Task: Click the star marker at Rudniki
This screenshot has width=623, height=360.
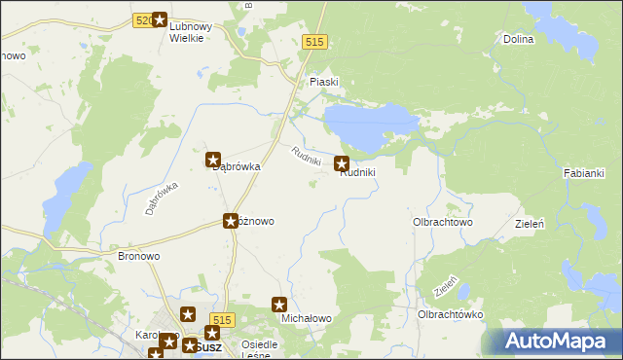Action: pos(343,164)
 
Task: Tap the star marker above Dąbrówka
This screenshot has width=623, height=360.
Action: pos(214,160)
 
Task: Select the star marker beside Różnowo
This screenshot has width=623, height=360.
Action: pos(231,221)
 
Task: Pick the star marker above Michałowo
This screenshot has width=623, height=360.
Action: pos(280,306)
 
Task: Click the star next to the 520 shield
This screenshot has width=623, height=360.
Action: pos(160,19)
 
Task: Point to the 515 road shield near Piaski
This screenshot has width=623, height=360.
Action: pos(313,42)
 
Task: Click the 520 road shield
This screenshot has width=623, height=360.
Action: pos(141,19)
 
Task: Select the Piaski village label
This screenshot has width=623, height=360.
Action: pos(323,82)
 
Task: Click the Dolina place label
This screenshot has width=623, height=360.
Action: pos(520,39)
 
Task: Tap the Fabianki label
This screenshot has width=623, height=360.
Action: pos(584,173)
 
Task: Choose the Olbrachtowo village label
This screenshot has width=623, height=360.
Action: pos(443,222)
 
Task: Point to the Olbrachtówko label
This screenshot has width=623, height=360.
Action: pos(450,314)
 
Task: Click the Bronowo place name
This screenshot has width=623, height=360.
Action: pos(138,256)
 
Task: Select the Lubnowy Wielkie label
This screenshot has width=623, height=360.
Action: pos(185,32)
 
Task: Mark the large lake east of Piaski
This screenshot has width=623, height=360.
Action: pos(370,124)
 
